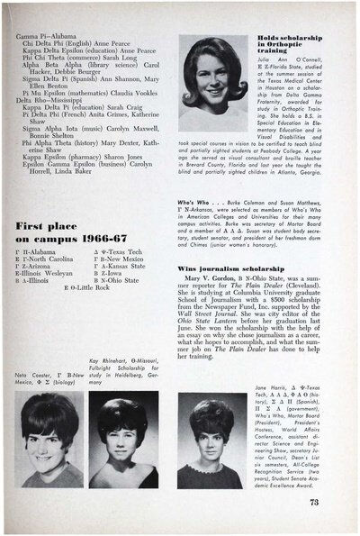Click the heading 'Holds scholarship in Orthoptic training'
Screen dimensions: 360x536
coord(283,47)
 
